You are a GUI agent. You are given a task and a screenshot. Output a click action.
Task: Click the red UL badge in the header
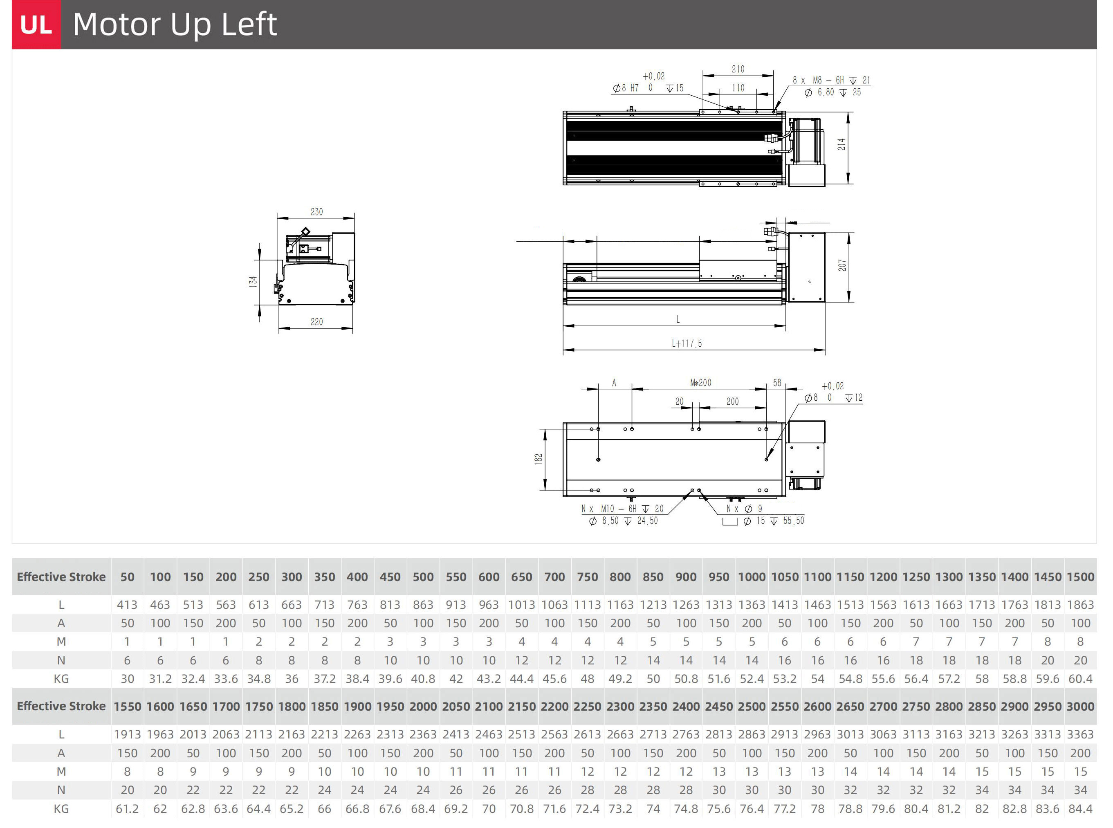click(x=36, y=25)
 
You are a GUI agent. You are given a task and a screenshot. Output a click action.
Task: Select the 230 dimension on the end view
click(x=317, y=211)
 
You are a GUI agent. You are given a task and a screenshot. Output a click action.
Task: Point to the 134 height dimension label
click(x=253, y=281)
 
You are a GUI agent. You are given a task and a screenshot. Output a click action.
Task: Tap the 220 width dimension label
click(x=317, y=322)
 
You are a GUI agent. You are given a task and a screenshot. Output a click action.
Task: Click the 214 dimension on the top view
click(x=841, y=144)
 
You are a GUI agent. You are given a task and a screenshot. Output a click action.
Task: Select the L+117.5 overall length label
click(x=687, y=344)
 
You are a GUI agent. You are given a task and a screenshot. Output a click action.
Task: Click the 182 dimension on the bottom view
click(x=539, y=459)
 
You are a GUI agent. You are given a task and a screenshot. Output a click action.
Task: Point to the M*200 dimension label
click(x=700, y=383)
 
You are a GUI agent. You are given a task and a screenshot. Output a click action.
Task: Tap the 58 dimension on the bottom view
click(x=777, y=383)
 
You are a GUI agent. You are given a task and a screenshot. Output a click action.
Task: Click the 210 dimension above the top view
click(x=738, y=69)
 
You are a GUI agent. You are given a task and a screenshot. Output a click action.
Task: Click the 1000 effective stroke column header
click(x=752, y=577)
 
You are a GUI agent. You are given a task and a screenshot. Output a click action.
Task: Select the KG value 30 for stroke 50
click(x=127, y=679)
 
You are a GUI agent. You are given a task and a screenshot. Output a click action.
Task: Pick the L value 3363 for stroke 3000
click(x=1080, y=735)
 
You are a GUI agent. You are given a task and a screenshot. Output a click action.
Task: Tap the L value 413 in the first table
click(x=127, y=605)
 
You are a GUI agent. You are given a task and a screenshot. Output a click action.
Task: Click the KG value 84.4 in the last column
click(x=1080, y=809)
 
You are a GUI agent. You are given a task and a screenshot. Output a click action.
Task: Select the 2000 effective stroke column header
click(x=423, y=707)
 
